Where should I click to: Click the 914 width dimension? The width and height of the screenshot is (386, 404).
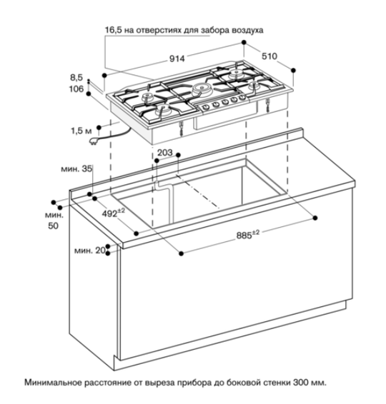pos(177,59)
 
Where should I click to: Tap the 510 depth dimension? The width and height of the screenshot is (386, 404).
pos(269,56)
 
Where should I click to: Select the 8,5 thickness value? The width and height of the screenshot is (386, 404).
pos(76,77)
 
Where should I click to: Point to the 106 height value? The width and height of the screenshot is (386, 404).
pos(76,89)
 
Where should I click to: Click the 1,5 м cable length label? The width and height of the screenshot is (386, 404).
pos(81,131)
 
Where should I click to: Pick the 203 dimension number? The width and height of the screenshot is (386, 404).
pos(165,153)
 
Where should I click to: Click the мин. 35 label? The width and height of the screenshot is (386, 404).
pos(76,168)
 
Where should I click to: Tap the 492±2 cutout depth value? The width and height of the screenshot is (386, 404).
pos(113,213)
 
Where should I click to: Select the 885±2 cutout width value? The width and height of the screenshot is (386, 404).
pos(248,234)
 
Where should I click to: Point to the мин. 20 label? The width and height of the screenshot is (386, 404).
pos(90,251)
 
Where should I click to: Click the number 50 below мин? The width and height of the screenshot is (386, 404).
pos(53,226)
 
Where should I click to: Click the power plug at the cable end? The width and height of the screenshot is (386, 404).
pos(93,142)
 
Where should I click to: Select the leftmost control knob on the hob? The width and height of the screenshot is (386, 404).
pos(206,106)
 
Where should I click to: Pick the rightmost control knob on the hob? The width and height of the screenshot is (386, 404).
pos(242,97)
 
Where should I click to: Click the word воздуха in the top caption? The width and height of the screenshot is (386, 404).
pos(248,31)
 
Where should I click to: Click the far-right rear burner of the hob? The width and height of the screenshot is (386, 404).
pos(235,72)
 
